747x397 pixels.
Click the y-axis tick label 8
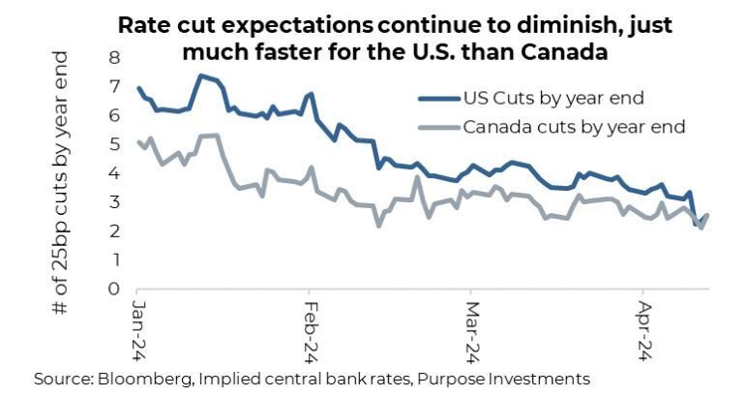(115, 58)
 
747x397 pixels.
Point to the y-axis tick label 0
(115, 289)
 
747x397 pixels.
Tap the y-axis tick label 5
(115, 144)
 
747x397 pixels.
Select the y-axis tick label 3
(115, 201)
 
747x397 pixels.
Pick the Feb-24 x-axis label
(311, 325)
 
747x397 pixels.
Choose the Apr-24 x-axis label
(641, 325)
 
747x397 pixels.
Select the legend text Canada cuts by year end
(574, 127)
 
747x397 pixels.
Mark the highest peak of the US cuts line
(200, 76)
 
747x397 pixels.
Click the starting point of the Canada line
(138, 142)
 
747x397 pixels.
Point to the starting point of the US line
(138, 88)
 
